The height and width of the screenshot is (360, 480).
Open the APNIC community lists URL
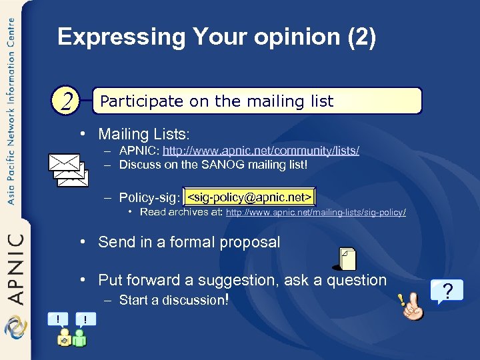261,151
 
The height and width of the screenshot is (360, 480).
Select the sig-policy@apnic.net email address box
249,197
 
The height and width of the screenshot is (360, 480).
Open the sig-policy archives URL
316,213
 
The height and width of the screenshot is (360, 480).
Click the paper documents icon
347,259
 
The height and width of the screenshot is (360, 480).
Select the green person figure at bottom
80,337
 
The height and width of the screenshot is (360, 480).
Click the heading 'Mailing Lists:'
144,134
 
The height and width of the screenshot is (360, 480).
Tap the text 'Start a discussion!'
174,300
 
